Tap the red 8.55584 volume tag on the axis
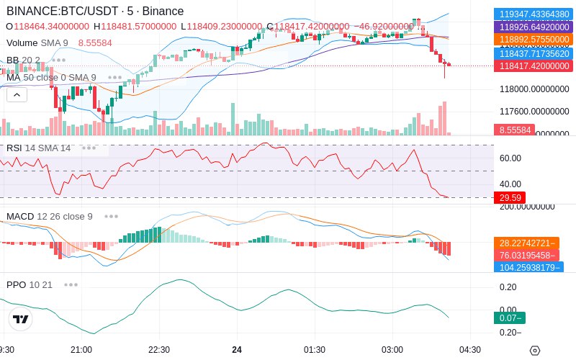click(513, 130)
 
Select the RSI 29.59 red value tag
click(509, 197)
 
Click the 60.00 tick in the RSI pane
click(510, 158)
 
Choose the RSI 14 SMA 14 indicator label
click(39, 148)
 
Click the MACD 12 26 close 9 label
click(50, 216)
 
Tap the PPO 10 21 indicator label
click(30, 284)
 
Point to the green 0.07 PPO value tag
click(509, 318)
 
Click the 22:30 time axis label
click(158, 349)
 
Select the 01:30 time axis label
click(314, 349)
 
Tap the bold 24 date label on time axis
click(237, 349)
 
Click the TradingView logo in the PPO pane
click(21, 319)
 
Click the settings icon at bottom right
click(534, 351)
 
